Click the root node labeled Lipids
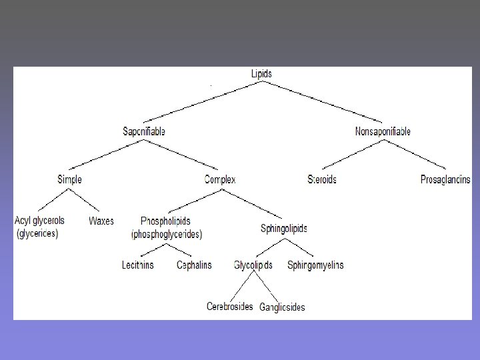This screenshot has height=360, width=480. pyautogui.click(x=261, y=74)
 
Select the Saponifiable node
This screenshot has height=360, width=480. pyautogui.click(x=144, y=131)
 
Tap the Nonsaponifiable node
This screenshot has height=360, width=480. pyautogui.click(x=383, y=131)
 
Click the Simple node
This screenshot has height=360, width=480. pyautogui.click(x=70, y=179)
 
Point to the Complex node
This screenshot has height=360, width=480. pyautogui.click(x=220, y=179)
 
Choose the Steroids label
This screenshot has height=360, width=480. pyautogui.click(x=322, y=179)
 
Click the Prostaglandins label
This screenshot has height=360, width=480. pyautogui.click(x=445, y=179)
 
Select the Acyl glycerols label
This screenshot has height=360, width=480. pyautogui.click(x=40, y=221)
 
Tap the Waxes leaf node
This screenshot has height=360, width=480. pyautogui.click(x=101, y=221)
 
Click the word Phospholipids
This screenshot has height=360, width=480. pyautogui.click(x=166, y=221)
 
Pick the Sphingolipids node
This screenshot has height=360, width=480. pyautogui.click(x=284, y=229)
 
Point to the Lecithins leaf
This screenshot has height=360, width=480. pyautogui.click(x=138, y=265)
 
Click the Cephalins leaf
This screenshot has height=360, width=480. pyautogui.click(x=194, y=265)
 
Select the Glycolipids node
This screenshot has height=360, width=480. pyautogui.click(x=253, y=265)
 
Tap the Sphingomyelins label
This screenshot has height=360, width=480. pyautogui.click(x=315, y=265)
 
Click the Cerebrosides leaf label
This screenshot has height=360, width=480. pyautogui.click(x=230, y=307)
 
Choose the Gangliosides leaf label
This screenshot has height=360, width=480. pyautogui.click(x=282, y=307)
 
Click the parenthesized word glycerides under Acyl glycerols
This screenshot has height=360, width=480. pyautogui.click(x=37, y=234)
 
